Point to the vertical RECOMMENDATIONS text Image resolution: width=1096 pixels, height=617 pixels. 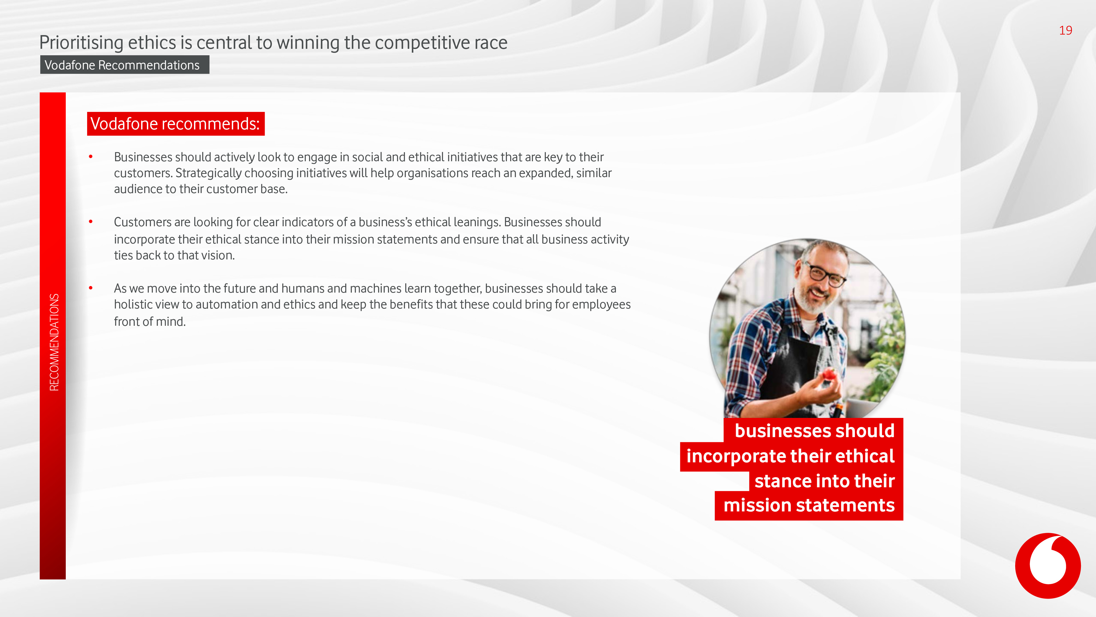[54, 342]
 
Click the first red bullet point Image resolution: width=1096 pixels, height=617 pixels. [91, 157]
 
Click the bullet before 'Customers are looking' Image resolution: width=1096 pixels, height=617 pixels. [91, 221]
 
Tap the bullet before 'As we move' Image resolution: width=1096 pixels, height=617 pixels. [91, 288]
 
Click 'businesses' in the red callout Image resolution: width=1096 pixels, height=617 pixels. [777, 431]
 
